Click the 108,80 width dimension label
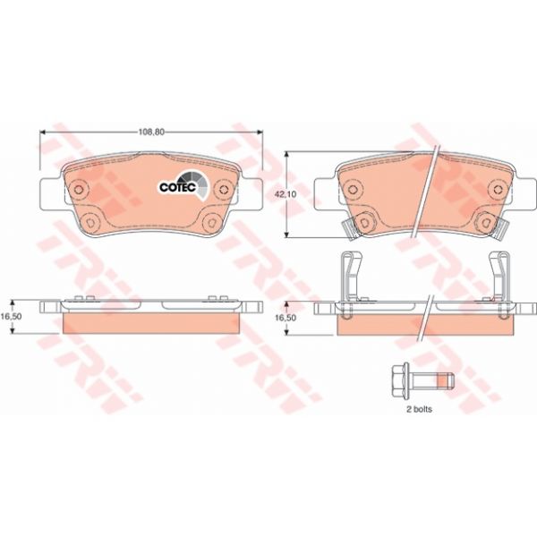[x=151, y=132]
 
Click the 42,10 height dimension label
[x=286, y=194]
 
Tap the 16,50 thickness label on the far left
[x=11, y=316]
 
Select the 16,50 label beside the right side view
[x=286, y=318]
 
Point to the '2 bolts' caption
[x=419, y=409]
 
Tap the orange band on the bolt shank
[x=443, y=380]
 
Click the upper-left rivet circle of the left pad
[x=79, y=189]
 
